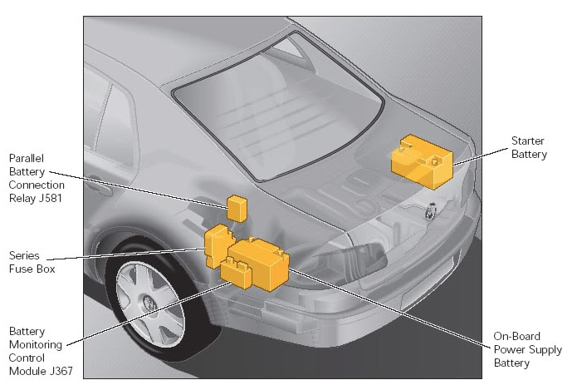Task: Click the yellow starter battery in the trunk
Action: [422, 162]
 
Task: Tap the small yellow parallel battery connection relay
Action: [237, 209]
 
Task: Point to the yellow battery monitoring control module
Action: [236, 274]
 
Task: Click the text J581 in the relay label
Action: [50, 198]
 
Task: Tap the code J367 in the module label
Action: [61, 371]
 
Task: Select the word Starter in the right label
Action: [528, 141]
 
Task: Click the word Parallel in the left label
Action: [26, 159]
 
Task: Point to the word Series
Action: [24, 255]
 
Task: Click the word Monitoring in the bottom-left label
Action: [36, 345]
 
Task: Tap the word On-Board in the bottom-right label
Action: [516, 336]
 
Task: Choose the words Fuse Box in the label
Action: [32, 269]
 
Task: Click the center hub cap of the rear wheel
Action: [149, 303]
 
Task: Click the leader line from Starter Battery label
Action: [480, 157]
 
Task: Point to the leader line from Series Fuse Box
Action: [126, 254]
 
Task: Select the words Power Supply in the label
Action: [528, 350]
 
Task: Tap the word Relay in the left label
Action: [22, 198]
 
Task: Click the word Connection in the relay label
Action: [37, 185]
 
